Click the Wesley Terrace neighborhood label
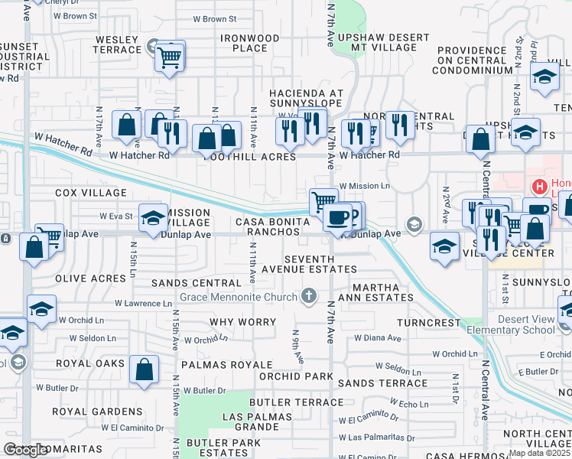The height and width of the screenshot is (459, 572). [119, 44]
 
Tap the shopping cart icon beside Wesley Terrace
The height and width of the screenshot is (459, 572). [170, 56]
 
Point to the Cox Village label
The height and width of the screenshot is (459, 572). [90, 192]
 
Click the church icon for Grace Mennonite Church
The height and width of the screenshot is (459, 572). [309, 295]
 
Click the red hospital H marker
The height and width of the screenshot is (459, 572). [540, 187]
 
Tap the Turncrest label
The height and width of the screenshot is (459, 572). [434, 323]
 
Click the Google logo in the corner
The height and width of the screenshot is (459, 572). [26, 451]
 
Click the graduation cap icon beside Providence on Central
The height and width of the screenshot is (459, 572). [544, 78]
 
